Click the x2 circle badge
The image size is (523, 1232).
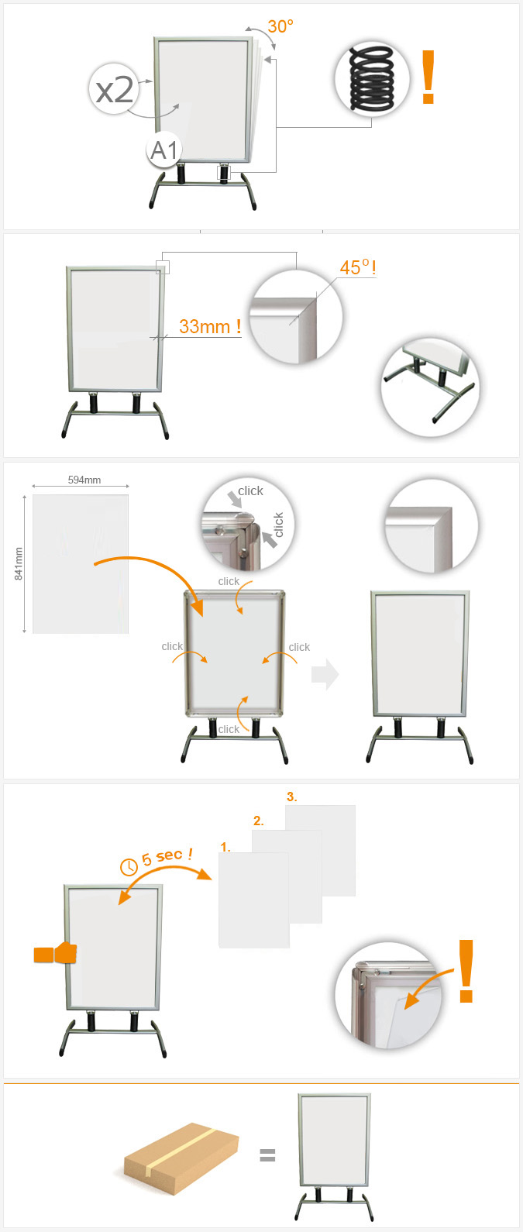point(115,89)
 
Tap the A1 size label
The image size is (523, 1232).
point(164,150)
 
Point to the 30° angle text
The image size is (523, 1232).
point(280,26)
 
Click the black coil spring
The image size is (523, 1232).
point(373,79)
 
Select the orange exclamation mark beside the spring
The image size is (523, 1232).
point(428,77)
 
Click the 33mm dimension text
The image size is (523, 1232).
point(210,327)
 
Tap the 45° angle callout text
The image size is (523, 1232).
point(358,267)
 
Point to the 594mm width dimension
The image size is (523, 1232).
point(84,480)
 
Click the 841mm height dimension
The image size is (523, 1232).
point(19,564)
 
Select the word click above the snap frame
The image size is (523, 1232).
point(229,581)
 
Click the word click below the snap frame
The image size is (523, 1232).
point(229,729)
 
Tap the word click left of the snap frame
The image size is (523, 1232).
point(172,646)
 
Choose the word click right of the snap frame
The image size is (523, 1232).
point(299,647)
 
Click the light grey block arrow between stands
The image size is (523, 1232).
point(325,674)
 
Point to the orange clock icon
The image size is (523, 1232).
point(129,867)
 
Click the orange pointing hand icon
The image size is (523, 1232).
point(55,953)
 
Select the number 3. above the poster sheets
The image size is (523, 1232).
point(292,797)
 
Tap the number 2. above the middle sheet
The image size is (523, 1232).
point(259,821)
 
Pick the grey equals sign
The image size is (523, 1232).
point(267,1155)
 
